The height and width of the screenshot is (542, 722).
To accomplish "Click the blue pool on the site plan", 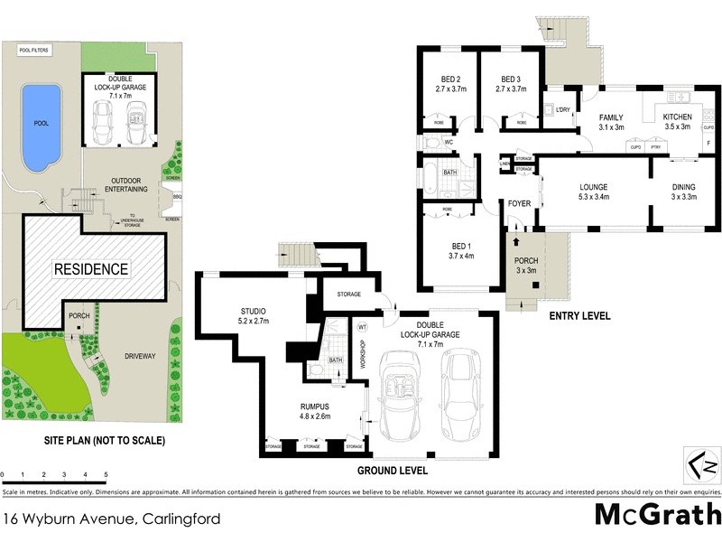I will tap(40, 126).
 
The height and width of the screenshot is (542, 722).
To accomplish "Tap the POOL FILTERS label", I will tap(34, 51).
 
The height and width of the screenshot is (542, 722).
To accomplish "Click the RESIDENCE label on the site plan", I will tap(90, 269).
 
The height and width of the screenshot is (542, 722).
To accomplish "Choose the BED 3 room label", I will tap(512, 83).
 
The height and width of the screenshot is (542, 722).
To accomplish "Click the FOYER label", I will tap(519, 203).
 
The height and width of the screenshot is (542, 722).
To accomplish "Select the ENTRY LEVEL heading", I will tap(579, 316).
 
